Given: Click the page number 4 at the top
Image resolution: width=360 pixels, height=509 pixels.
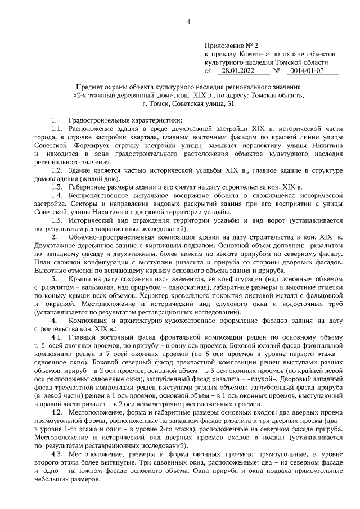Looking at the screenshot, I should tap(188, 22).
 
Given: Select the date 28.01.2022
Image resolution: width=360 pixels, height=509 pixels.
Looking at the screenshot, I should tap(238, 71).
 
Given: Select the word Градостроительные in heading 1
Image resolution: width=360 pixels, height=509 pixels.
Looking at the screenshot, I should tap(97, 120).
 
